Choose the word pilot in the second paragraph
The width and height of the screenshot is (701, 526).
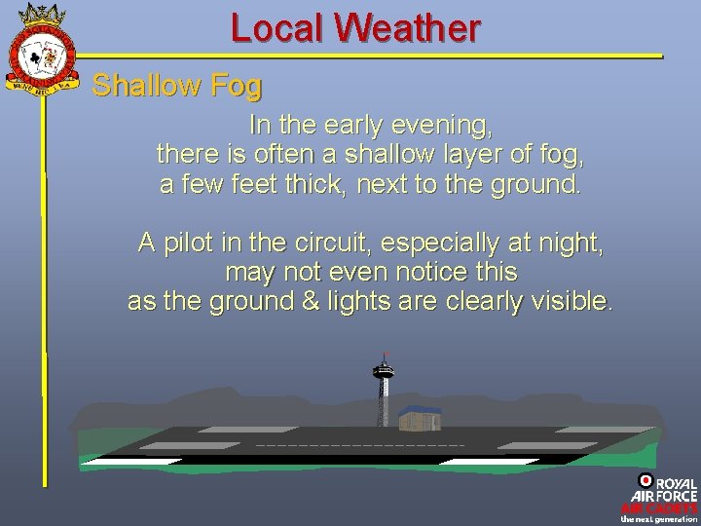point(192,243)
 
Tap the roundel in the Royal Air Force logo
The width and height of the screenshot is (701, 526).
point(646,480)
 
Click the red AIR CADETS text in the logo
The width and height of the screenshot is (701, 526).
point(659,507)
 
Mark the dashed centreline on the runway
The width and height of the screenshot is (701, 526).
point(360,445)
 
